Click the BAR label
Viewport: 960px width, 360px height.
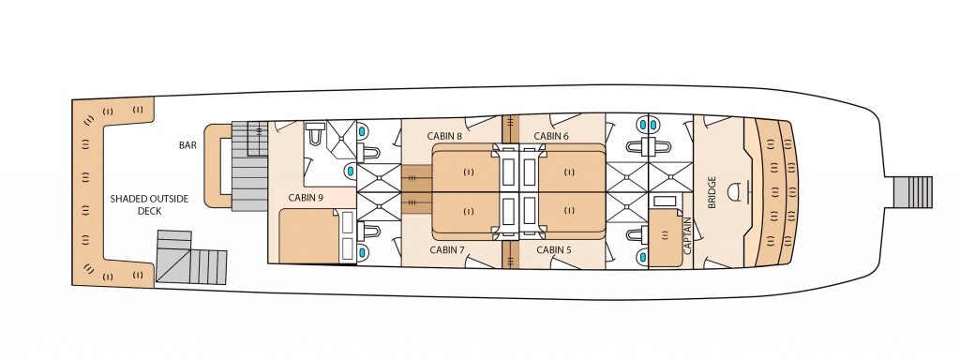coord(187,146)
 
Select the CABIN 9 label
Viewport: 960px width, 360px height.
coord(307,198)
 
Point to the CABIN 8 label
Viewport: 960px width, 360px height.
coord(446,136)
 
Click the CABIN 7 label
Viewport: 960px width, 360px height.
coord(447,249)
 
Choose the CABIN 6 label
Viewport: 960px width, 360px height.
coord(551,136)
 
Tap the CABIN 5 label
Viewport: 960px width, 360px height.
coord(553,249)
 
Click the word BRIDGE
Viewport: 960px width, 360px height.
coord(712,192)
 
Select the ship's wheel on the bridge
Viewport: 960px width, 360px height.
coord(738,192)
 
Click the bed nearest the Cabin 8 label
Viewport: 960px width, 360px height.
coord(466,170)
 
